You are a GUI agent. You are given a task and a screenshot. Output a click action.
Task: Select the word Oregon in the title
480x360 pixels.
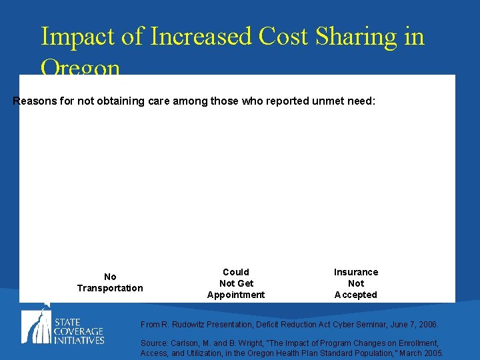tap(81, 68)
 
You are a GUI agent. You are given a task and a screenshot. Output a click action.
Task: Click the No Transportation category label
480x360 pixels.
tap(110, 282)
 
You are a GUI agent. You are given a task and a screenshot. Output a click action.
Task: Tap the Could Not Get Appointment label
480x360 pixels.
tap(236, 283)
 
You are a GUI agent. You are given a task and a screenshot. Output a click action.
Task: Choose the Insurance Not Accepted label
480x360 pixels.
tap(356, 283)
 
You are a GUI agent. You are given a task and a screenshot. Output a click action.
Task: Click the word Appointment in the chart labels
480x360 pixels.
tap(236, 295)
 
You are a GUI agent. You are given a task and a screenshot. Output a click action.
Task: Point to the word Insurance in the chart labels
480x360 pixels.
tap(356, 272)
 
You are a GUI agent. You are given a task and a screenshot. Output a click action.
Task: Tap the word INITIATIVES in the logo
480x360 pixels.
tap(79, 340)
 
